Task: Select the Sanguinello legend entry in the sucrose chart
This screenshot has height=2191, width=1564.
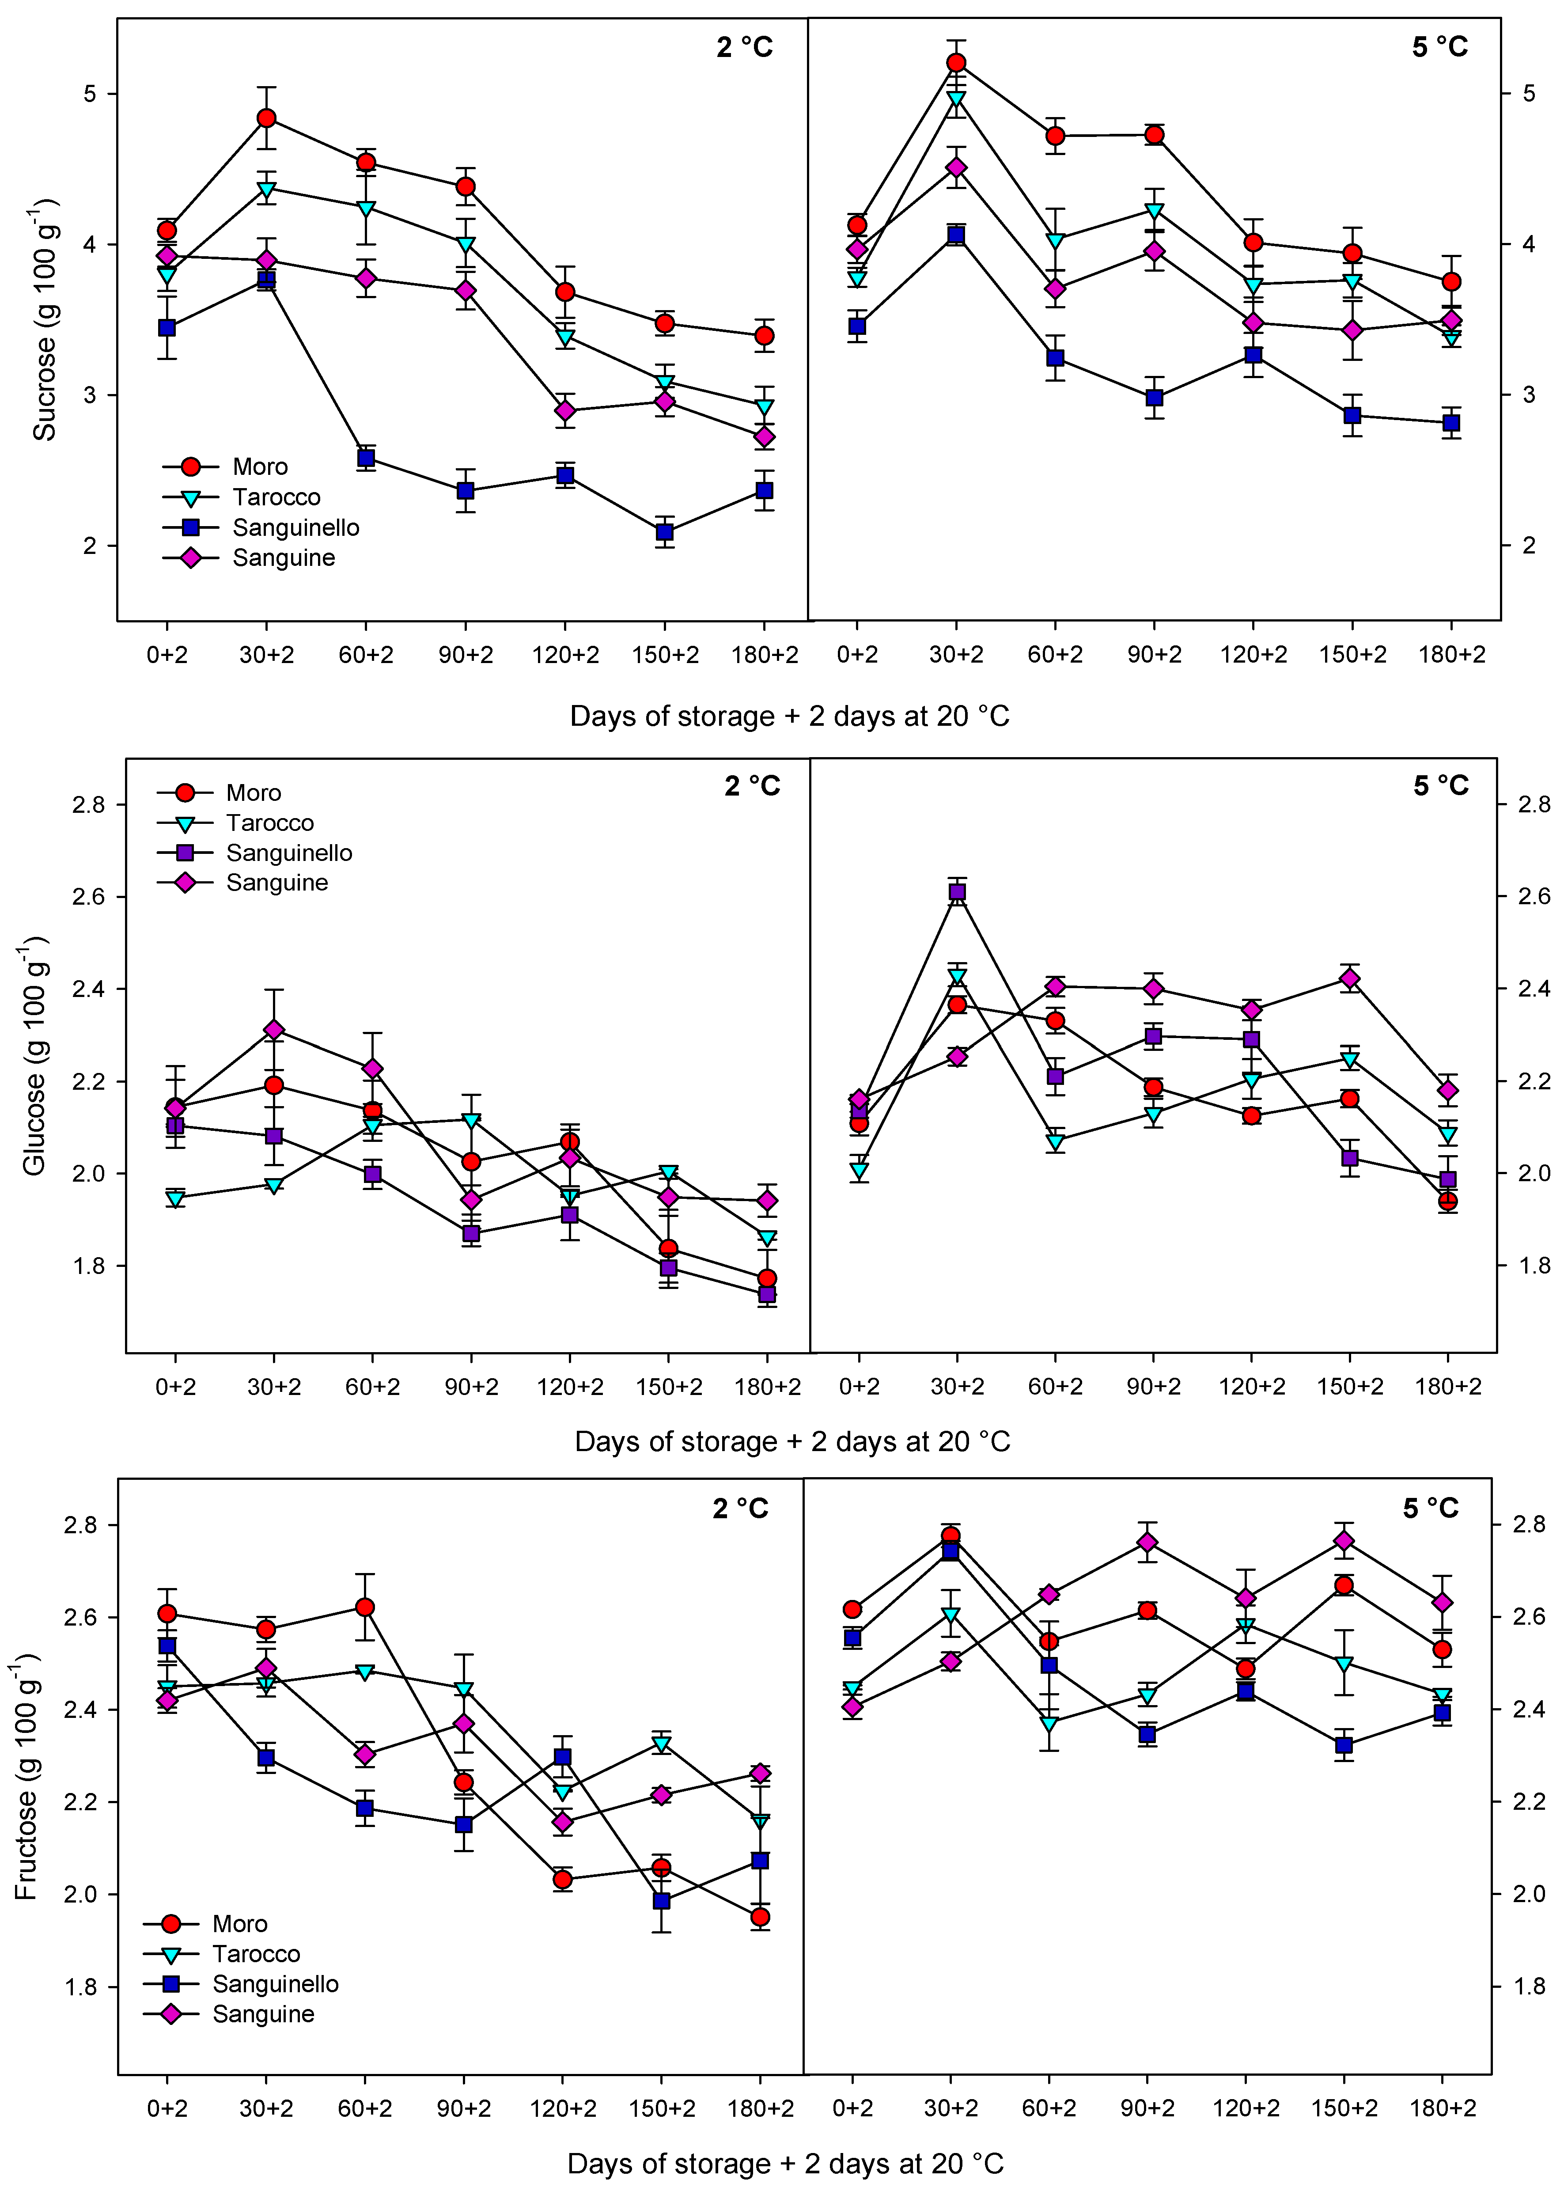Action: click(x=295, y=528)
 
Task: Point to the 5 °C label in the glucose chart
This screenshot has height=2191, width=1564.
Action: click(x=1441, y=786)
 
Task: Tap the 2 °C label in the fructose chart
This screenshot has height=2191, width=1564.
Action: click(x=741, y=1508)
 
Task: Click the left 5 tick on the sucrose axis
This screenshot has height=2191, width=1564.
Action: click(x=91, y=93)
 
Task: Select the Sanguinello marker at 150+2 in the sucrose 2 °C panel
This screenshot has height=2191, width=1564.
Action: click(x=664, y=531)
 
